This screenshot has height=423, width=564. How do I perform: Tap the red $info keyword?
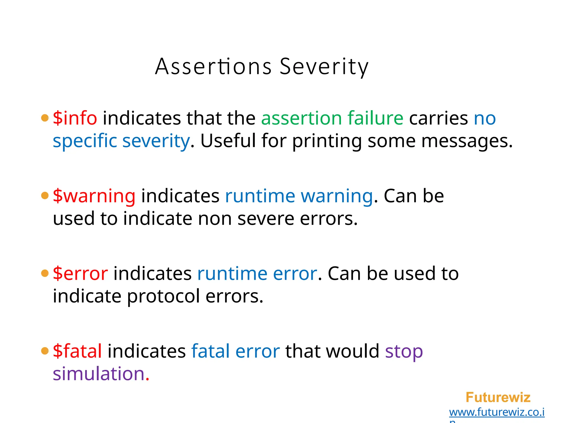click(x=75, y=118)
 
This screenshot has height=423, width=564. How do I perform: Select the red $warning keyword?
click(x=94, y=196)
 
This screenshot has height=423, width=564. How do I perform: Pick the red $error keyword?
click(x=80, y=273)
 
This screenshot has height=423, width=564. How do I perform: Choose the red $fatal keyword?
click(x=77, y=351)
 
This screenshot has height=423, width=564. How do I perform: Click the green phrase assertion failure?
click(x=332, y=118)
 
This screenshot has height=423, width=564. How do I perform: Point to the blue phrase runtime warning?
click(x=299, y=196)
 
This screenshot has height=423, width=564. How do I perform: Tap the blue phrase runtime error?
click(x=257, y=273)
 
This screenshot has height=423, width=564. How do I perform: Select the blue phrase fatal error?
click(x=235, y=351)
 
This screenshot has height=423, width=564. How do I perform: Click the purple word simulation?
click(x=99, y=374)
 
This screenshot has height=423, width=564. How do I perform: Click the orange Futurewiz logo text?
click(x=498, y=397)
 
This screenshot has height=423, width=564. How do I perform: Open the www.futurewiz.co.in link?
click(x=497, y=412)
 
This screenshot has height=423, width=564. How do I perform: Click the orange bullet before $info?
click(x=45, y=118)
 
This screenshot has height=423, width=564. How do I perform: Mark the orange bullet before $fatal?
click(x=45, y=351)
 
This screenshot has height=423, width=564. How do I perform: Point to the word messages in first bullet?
click(x=467, y=141)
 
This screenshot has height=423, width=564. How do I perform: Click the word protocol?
click(x=163, y=297)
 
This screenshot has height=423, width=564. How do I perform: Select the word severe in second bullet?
click(x=266, y=219)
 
